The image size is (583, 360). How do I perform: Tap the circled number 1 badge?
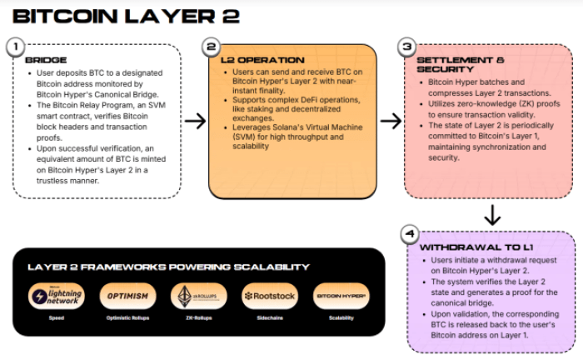click(14, 47)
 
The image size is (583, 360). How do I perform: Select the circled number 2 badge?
click(211, 47)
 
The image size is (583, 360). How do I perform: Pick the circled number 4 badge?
click(408, 232)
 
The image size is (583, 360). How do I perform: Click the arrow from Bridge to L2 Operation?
click(195, 122)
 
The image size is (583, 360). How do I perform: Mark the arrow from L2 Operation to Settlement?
click(391, 122)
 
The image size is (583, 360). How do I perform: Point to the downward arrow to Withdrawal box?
click(492, 215)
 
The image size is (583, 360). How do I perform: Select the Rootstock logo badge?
click(269, 296)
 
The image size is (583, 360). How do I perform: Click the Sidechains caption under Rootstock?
click(269, 318)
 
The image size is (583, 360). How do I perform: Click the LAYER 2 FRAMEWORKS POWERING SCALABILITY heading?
click(169, 267)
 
